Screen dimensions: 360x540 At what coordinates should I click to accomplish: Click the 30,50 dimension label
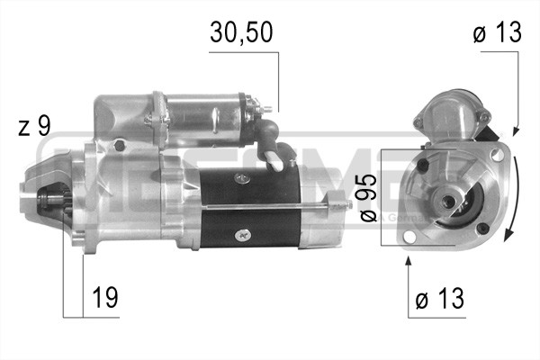coord(240,32)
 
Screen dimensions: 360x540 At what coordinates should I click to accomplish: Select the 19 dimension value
coord(104,297)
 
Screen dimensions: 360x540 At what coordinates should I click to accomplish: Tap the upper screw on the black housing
coord(241,177)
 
